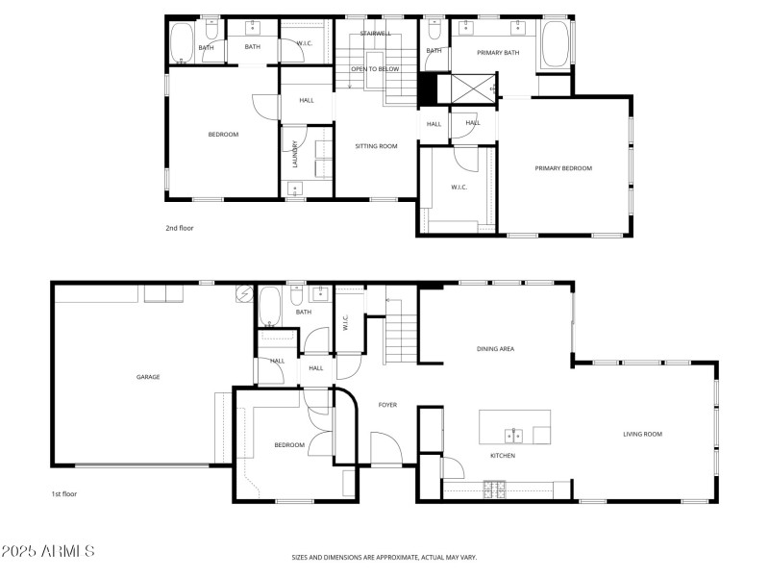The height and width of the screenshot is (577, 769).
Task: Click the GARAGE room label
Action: [x=147, y=377]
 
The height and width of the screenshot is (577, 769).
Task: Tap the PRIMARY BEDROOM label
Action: [x=563, y=168]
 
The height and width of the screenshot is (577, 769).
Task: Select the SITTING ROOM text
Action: [x=377, y=146]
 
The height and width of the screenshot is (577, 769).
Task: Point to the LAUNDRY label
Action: [x=295, y=153]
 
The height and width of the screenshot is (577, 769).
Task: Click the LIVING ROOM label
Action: [x=642, y=434]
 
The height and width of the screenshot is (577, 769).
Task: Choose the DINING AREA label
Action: [x=496, y=348]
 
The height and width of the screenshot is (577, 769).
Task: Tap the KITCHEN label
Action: [x=504, y=455]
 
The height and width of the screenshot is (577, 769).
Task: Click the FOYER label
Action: [x=387, y=405]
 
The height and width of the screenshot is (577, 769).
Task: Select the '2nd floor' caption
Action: [x=180, y=229]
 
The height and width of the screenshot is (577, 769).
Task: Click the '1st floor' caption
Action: [x=64, y=493]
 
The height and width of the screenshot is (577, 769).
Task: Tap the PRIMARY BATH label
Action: [x=500, y=53]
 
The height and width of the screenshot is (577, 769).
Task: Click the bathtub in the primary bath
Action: [x=554, y=45]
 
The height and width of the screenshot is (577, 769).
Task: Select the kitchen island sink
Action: [x=515, y=434]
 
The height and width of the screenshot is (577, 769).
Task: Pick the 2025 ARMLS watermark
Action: [x=48, y=552]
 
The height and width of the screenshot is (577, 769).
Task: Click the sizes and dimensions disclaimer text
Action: [x=384, y=557]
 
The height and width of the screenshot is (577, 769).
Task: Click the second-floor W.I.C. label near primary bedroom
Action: [x=459, y=186]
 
